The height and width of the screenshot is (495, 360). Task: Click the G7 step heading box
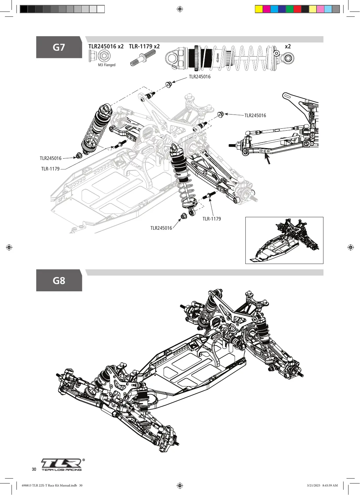pyautogui.click(x=59, y=47)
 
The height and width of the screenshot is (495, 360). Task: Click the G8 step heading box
pyautogui.click(x=59, y=280)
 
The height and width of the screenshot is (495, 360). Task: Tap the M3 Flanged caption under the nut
pyautogui.click(x=107, y=65)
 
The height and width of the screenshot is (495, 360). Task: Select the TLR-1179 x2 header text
pyautogui.click(x=144, y=46)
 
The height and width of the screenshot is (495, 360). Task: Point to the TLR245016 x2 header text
pyautogui.click(x=106, y=46)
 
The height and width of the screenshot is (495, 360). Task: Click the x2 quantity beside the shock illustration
pyautogui.click(x=288, y=46)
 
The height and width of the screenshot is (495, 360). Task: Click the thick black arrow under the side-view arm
pyautogui.click(x=267, y=159)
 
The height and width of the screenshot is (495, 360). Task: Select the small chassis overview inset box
pyautogui.click(x=284, y=241)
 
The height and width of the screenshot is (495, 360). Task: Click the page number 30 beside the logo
pyautogui.click(x=34, y=469)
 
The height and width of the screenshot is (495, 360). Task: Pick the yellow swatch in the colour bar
pyautogui.click(x=259, y=9)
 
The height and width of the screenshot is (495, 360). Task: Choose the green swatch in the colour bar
pyautogui.click(x=290, y=9)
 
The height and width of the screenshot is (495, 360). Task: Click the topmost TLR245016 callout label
pyautogui.click(x=200, y=77)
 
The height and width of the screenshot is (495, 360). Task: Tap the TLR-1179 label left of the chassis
pyautogui.click(x=50, y=169)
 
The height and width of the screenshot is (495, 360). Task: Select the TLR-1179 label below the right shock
pyautogui.click(x=212, y=219)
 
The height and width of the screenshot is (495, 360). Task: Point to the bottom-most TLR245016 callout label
pyautogui.click(x=161, y=228)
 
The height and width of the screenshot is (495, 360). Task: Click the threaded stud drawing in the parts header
pyautogui.click(x=143, y=58)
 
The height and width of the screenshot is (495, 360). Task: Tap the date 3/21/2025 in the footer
pyautogui.click(x=314, y=485)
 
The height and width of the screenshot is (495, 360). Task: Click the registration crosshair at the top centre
pyautogui.click(x=180, y=9)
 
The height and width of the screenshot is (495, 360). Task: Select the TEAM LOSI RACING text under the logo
pyautogui.click(x=62, y=470)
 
